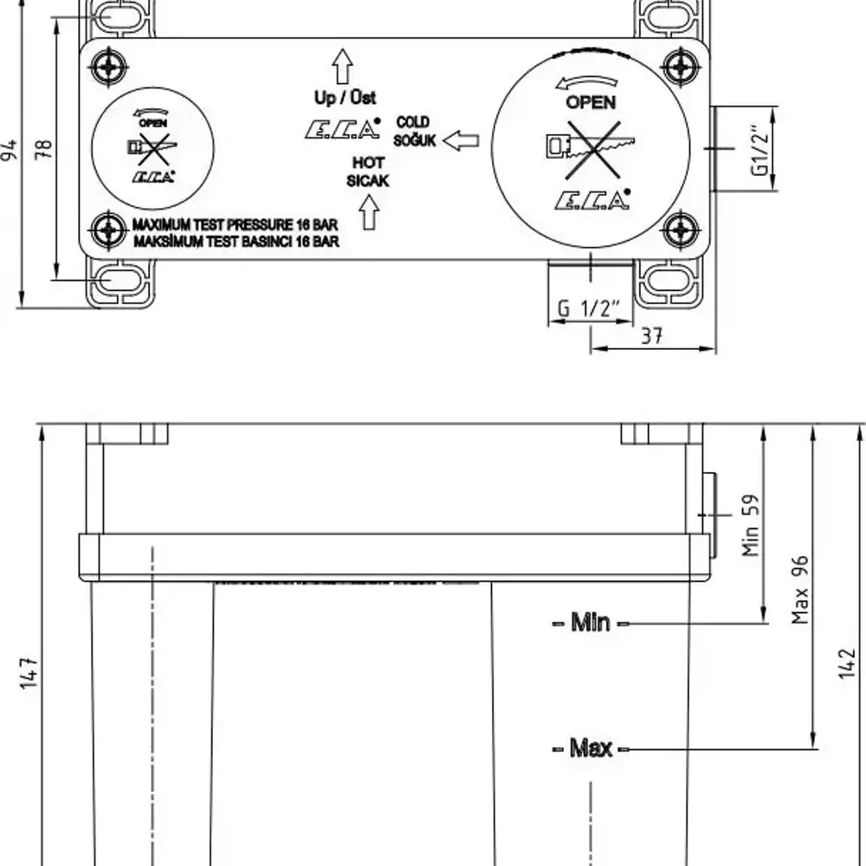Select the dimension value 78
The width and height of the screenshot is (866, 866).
point(46,149)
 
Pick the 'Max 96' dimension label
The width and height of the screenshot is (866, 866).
point(800,589)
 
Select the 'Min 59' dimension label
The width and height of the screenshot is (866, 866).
point(752,525)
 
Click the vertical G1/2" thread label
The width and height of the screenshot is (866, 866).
point(759,152)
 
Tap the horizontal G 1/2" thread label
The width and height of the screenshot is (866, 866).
point(589,308)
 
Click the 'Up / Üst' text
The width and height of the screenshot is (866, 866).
point(345,98)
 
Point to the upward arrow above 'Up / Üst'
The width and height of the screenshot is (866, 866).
point(343,66)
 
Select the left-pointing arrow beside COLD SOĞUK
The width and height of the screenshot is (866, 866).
point(460,139)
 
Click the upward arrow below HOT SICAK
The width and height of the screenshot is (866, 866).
point(369,211)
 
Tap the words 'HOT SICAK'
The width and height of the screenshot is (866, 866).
point(368,171)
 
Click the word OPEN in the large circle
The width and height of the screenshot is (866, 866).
point(591,102)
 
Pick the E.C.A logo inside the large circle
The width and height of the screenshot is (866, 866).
point(592,200)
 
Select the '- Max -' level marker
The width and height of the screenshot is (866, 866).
point(591,747)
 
